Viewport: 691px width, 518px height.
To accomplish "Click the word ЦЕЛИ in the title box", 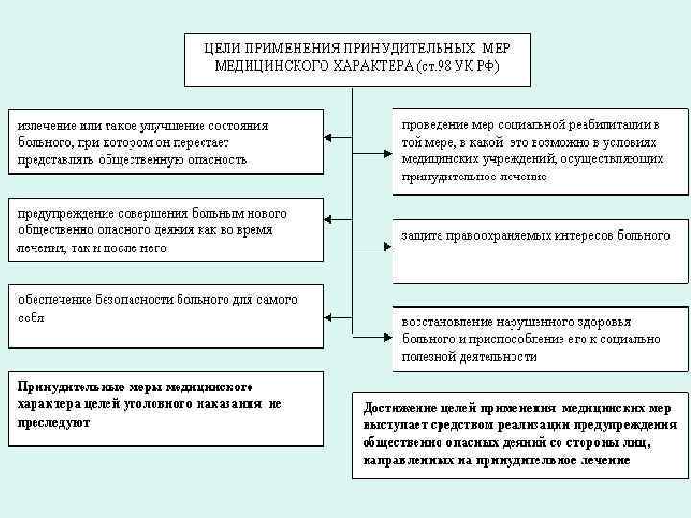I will click(x=226, y=47).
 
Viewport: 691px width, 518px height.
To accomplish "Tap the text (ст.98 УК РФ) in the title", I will click(x=458, y=66).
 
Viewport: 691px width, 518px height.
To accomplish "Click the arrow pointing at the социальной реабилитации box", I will click(x=373, y=140).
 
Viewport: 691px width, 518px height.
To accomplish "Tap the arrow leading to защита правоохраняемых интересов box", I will click(x=373, y=222).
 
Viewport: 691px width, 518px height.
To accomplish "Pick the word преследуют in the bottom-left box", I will click(x=54, y=423).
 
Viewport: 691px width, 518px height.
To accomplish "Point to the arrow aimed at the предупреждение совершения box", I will click(x=339, y=222).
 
